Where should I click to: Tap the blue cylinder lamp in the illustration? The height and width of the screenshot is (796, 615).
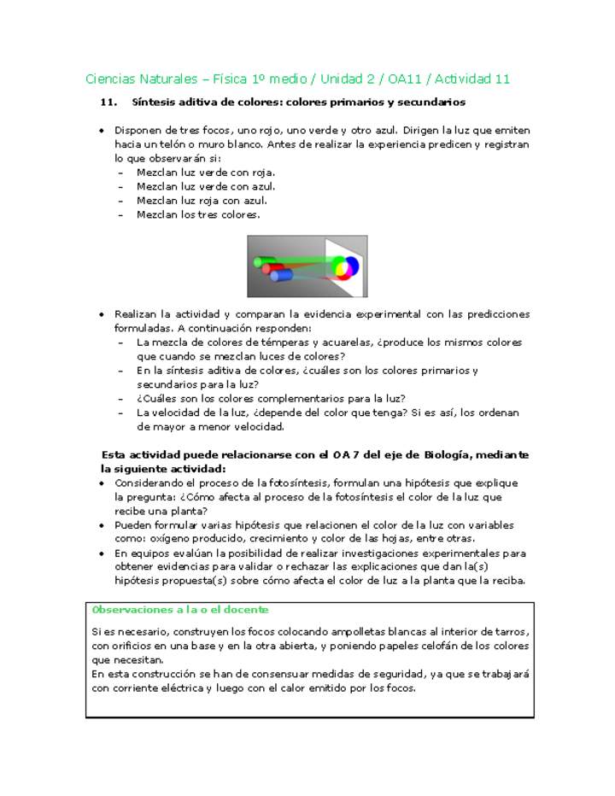coord(281,275)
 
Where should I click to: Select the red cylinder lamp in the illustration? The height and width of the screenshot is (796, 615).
coord(272,269)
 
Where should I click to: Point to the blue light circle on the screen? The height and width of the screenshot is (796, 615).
coord(350,267)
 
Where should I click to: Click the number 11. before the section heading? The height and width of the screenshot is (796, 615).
coord(108,102)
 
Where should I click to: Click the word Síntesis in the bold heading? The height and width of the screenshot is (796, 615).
coord(153,102)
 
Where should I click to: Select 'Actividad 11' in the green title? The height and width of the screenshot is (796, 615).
coord(472,79)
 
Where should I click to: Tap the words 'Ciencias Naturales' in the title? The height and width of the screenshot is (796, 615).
coord(140,79)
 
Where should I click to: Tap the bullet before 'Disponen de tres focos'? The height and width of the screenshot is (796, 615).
coord(102,131)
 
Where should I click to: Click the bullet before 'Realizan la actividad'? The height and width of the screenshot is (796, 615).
coord(102,314)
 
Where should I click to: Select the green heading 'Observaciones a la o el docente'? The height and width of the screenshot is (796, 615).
coord(180,609)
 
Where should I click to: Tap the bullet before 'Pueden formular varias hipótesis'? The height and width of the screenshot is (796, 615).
coord(102,525)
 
